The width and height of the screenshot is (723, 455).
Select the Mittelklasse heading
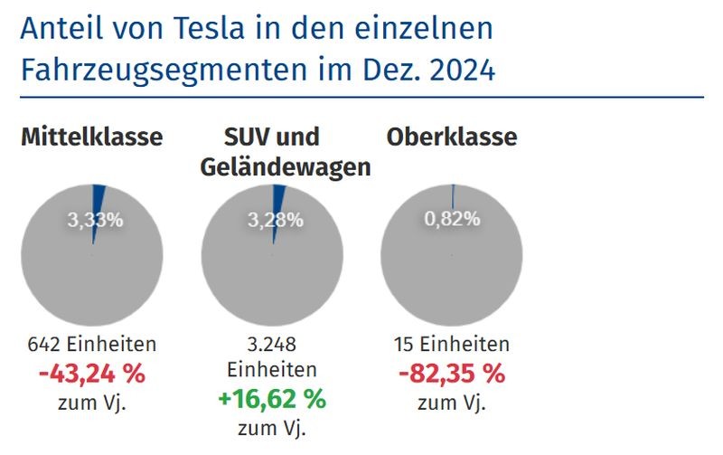(92, 137)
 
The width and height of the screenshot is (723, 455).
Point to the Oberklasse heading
(452, 137)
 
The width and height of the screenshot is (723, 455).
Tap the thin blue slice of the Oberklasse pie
(453, 197)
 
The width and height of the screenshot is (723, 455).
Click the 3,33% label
(95, 219)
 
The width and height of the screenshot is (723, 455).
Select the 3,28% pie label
(276, 219)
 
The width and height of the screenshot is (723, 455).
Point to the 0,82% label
(453, 219)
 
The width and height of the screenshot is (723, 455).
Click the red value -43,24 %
(92, 373)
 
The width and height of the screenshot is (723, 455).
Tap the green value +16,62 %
(272, 398)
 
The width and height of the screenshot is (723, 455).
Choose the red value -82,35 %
(452, 373)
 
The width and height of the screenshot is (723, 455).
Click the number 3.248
(272, 345)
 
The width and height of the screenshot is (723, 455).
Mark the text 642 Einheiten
(92, 345)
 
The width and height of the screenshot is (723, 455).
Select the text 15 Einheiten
(452, 345)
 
